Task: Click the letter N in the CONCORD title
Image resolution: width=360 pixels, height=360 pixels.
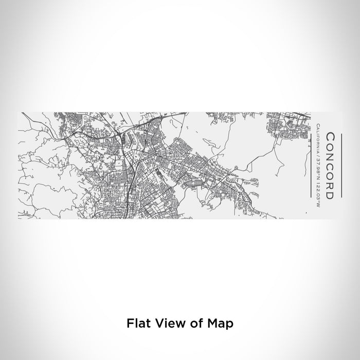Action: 331,153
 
